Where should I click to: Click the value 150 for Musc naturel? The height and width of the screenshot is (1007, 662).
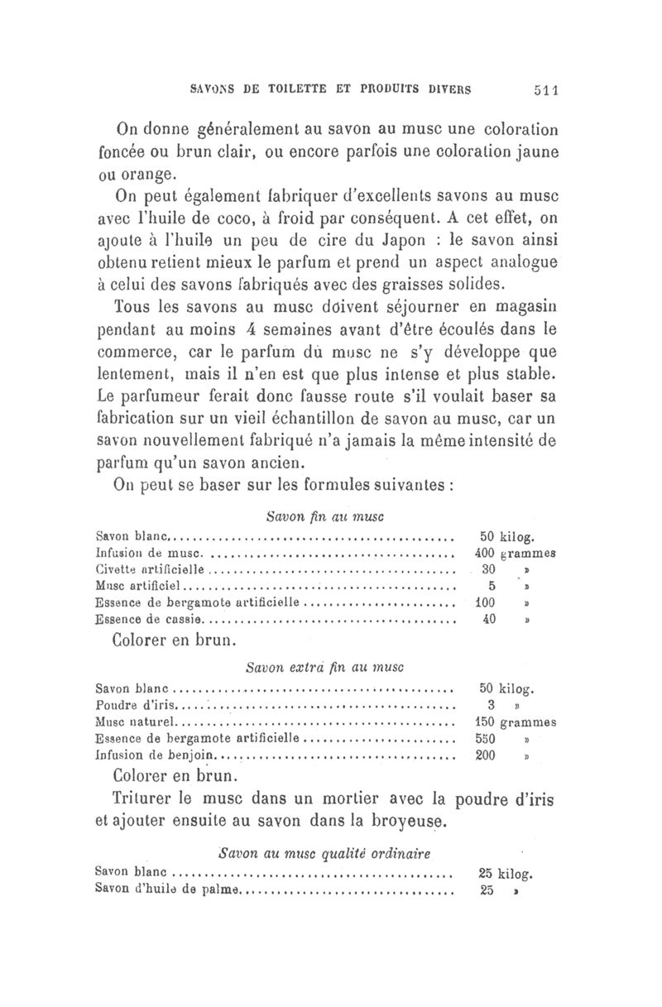click(486, 722)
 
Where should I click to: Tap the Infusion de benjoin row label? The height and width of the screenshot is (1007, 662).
click(156, 756)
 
